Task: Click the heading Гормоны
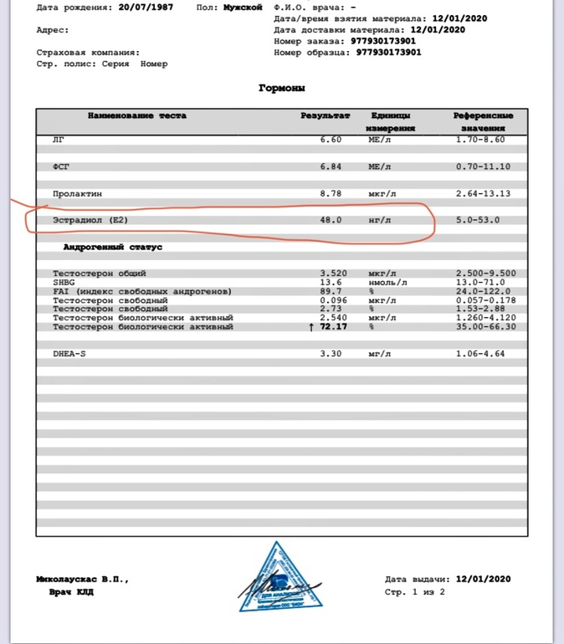click(x=282, y=88)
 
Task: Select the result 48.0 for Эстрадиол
click(x=331, y=220)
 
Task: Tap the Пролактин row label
click(x=77, y=193)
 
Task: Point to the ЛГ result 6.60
click(x=331, y=140)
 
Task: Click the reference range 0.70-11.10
click(x=483, y=166)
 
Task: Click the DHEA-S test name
click(x=70, y=354)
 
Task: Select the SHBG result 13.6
click(x=331, y=282)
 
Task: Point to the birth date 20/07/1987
click(x=141, y=8)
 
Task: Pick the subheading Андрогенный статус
click(x=113, y=248)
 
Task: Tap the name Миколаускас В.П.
click(x=83, y=579)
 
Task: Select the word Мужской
click(x=243, y=8)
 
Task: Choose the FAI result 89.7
click(x=331, y=291)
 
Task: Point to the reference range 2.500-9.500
click(x=485, y=273)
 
